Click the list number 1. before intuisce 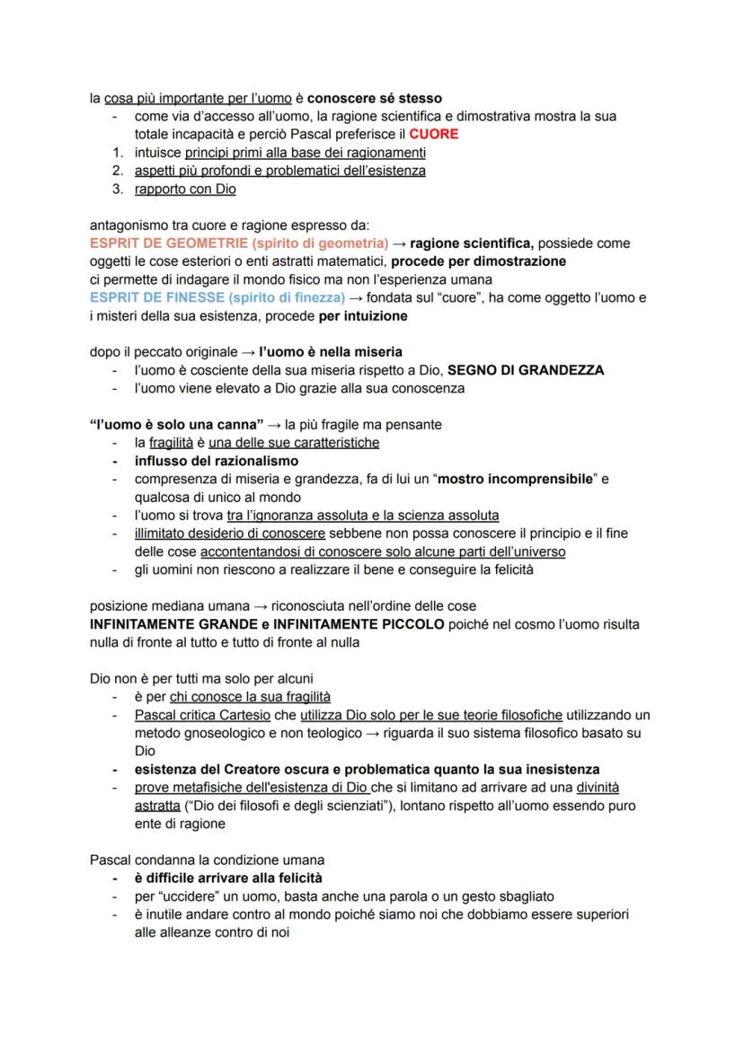117,152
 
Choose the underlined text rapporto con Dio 185,189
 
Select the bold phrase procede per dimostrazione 478,261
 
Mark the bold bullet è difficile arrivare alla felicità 228,878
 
